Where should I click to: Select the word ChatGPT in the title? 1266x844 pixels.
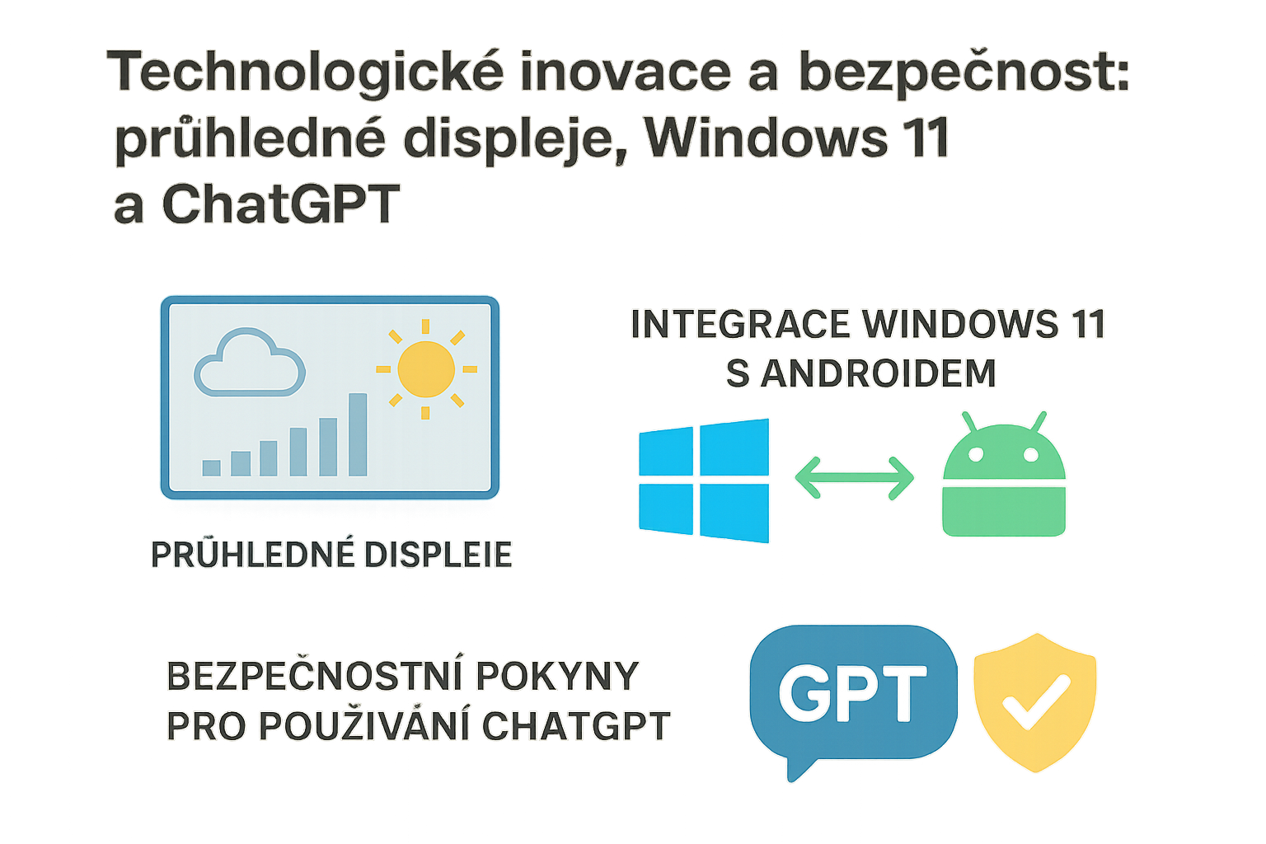[280, 204]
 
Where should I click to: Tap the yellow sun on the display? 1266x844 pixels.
[426, 369]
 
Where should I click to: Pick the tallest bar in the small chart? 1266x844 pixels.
[358, 434]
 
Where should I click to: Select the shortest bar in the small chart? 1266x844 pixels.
[212, 467]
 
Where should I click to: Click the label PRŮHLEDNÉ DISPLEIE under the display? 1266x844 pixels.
[331, 555]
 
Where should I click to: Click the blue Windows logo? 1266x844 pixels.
[704, 481]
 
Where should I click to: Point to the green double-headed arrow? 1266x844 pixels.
[854, 478]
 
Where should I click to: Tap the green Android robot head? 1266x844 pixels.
[1004, 451]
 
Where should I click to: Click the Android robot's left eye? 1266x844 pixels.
[977, 455]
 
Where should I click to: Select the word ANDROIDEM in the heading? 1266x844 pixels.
[878, 373]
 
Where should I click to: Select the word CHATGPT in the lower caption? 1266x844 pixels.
[576, 726]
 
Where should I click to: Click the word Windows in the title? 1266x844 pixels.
[767, 138]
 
